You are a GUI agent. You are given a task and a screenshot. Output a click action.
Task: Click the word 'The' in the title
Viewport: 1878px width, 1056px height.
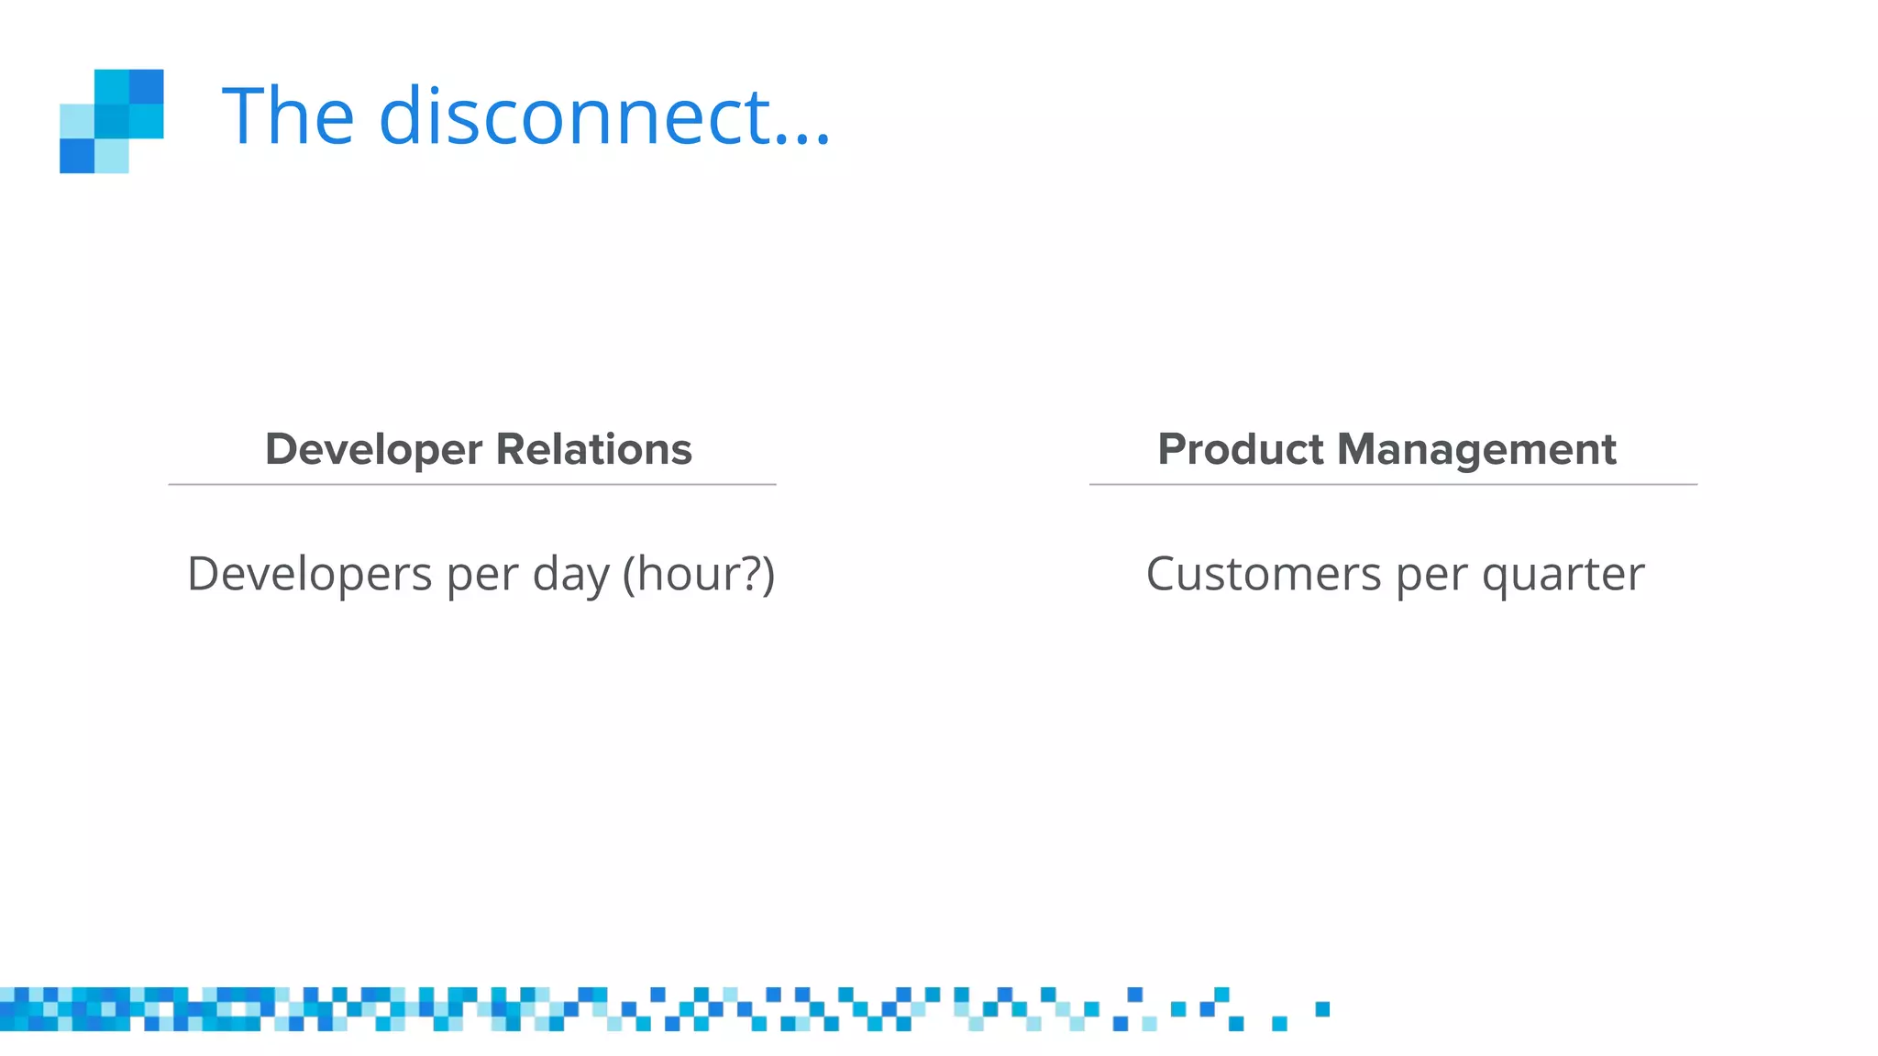click(x=288, y=116)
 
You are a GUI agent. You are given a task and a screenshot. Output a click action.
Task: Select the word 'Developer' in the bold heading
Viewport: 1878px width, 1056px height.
click(x=373, y=450)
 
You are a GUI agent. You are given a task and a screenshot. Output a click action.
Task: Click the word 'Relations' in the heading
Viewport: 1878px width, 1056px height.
click(x=593, y=449)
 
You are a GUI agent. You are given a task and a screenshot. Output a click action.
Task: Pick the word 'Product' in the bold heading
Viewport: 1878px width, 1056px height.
click(x=1240, y=449)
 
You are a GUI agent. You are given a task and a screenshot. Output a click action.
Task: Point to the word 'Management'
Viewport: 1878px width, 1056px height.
click(x=1476, y=450)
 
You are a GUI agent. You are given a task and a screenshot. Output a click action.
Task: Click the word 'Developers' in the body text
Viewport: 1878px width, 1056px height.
click(x=309, y=575)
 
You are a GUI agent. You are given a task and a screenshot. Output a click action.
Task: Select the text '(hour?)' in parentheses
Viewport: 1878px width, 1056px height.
click(x=699, y=575)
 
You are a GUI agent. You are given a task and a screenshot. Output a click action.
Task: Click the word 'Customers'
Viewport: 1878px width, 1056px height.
click(x=1263, y=575)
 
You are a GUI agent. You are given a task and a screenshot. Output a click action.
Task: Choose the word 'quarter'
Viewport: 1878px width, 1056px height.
click(x=1563, y=576)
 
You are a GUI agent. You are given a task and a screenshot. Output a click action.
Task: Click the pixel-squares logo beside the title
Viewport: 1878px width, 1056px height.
click(x=112, y=121)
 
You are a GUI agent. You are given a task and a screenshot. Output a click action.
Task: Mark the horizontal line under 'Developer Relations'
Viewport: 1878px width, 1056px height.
click(x=472, y=484)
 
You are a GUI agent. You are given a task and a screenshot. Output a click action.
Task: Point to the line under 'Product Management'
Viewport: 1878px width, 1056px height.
click(x=1393, y=484)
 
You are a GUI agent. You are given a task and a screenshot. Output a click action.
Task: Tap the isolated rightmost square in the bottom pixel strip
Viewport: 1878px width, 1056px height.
click(x=1322, y=1009)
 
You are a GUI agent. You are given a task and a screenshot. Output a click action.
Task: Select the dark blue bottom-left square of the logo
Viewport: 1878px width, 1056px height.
click(x=77, y=156)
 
